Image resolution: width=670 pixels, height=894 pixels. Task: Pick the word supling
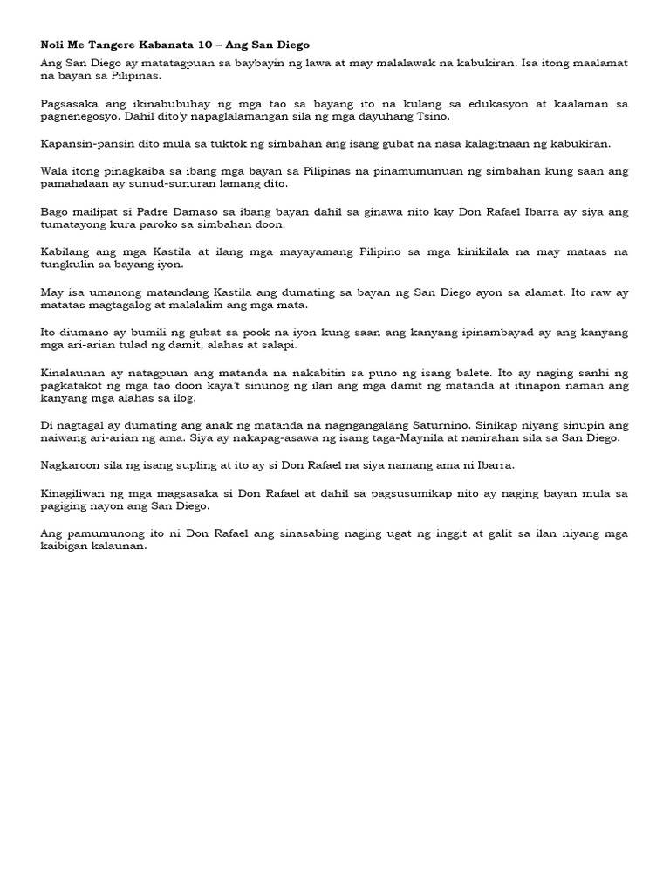[169, 465]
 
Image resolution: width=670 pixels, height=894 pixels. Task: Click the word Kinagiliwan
[79, 492]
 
